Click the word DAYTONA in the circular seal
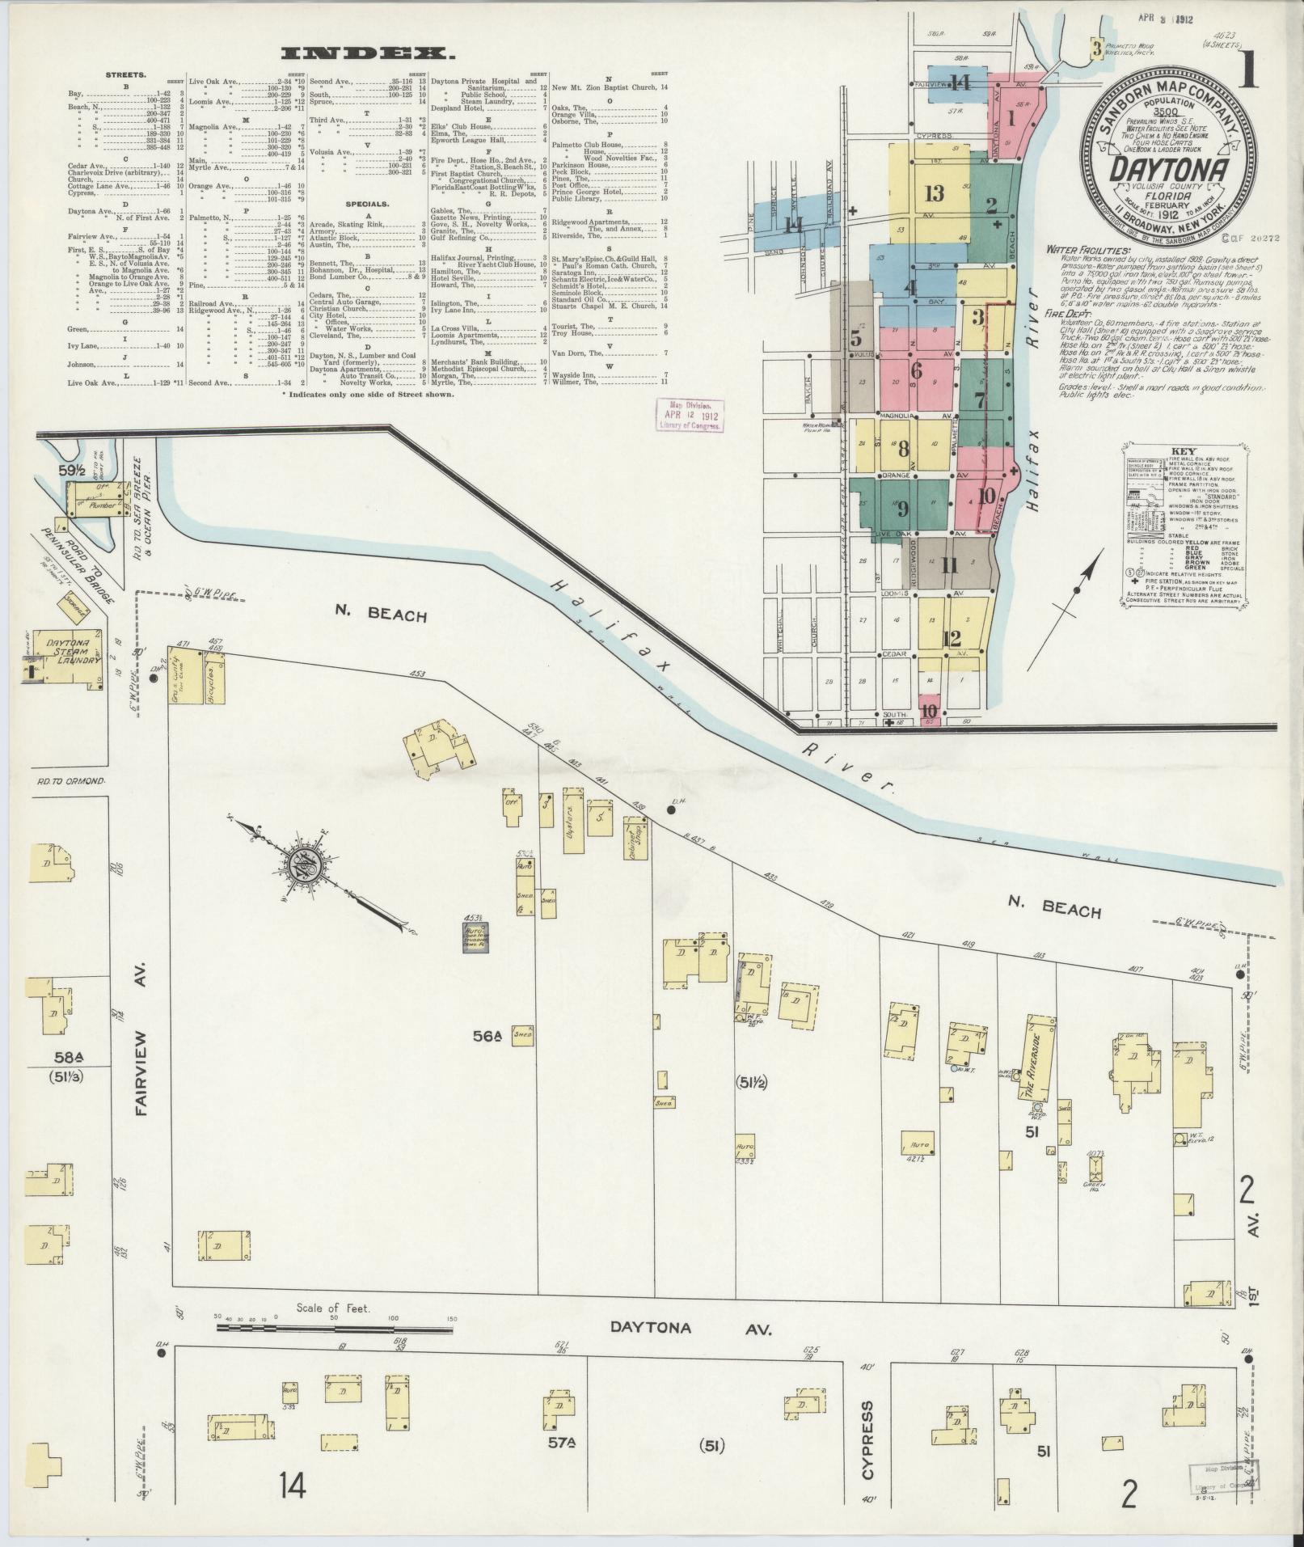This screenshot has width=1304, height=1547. point(1169,168)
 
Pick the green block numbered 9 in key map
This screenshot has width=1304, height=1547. point(902,509)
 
